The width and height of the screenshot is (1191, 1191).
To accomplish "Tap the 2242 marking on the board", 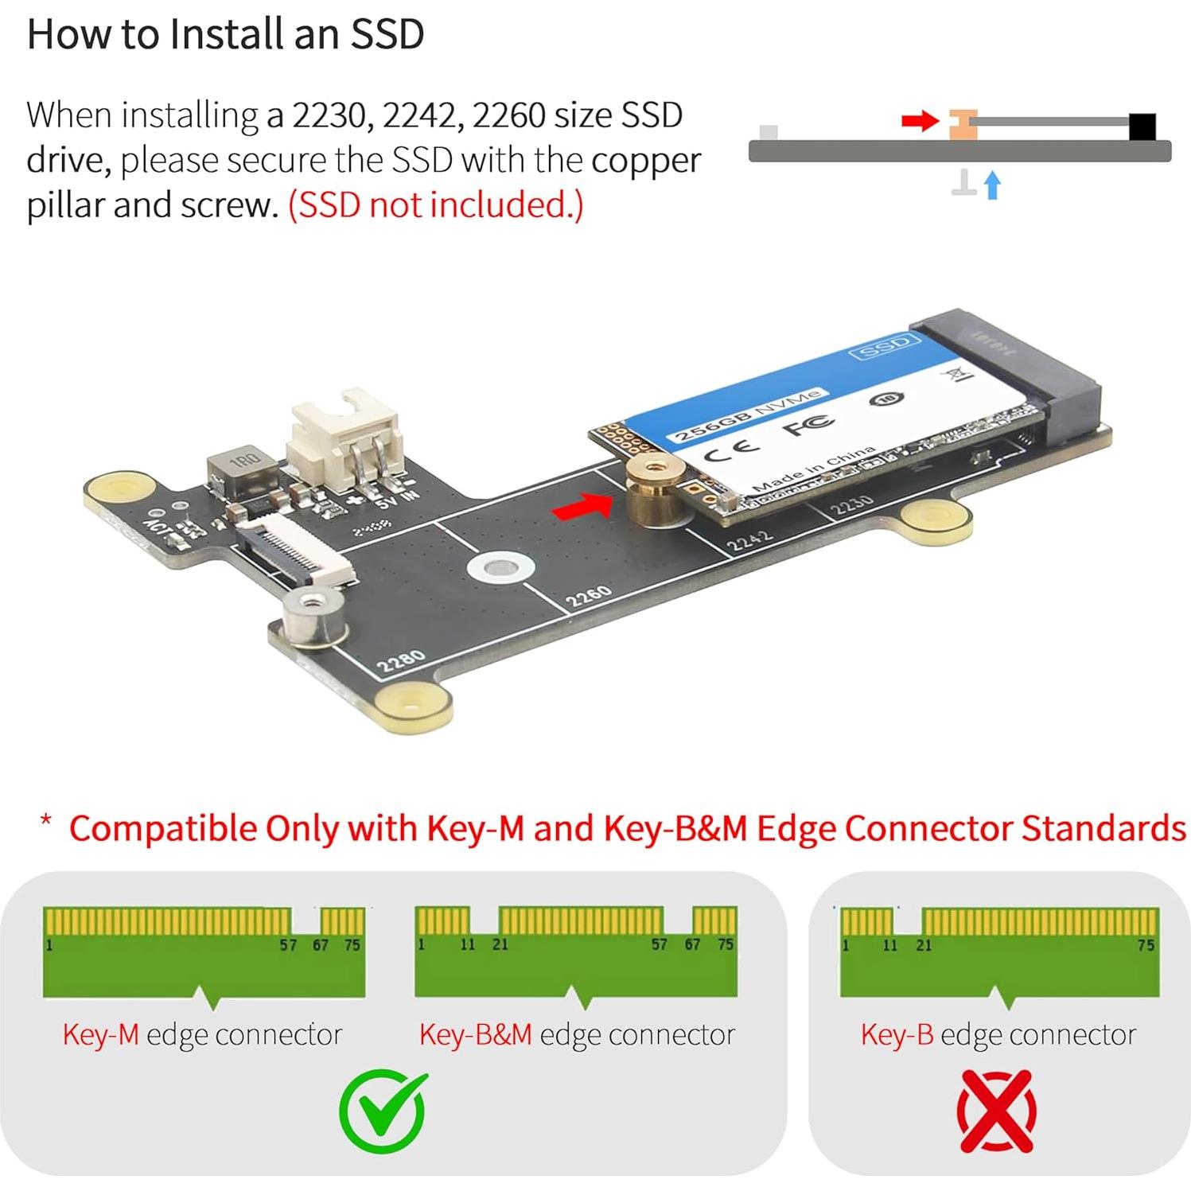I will click(x=750, y=540).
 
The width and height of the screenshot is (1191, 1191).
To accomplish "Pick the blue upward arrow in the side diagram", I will click(x=992, y=185).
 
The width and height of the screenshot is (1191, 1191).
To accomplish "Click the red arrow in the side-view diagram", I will click(x=920, y=121).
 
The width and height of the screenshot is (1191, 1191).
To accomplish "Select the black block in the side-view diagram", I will click(x=1142, y=126).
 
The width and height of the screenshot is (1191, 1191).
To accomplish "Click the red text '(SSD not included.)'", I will click(x=435, y=205).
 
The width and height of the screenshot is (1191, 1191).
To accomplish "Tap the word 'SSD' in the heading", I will click(x=387, y=34).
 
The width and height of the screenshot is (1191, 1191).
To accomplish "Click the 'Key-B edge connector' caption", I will click(x=998, y=1034).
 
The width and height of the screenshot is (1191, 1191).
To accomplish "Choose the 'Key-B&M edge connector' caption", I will click(x=577, y=1034).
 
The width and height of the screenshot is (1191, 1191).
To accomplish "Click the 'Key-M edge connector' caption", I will click(x=202, y=1034).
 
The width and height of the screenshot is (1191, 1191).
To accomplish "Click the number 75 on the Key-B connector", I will click(x=1145, y=945).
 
